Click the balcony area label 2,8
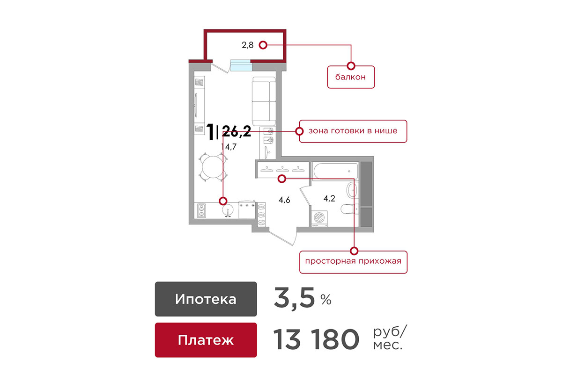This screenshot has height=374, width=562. coord(247,45)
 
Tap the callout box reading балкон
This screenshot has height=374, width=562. coord(351,77)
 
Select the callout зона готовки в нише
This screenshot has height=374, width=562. coord(353,131)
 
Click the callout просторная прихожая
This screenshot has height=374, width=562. coord(353,262)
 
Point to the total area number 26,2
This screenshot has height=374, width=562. coord(237,131)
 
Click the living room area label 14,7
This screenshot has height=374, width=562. coord(229,146)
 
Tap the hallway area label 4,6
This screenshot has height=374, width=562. coord(284,200)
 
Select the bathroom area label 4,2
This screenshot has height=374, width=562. coord(329,199)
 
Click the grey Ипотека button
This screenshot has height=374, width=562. coord(206,299)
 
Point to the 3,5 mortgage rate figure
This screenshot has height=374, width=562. coord(294,298)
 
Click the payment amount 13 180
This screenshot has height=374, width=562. coord(316,339)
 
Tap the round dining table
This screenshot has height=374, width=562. coord(213,167)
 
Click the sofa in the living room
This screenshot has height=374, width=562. coord(264,101)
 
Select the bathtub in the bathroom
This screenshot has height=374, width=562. coord(335,172)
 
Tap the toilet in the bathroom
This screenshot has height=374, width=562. coord(350,209)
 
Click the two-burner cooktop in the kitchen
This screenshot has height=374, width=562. coord(201,211)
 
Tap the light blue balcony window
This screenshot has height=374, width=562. coord(241,65)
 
